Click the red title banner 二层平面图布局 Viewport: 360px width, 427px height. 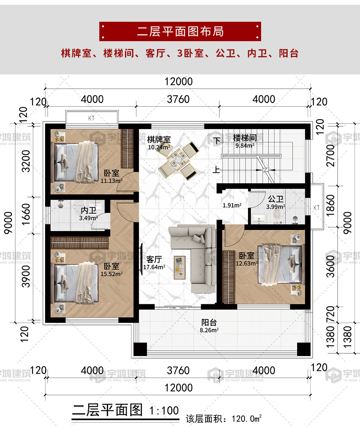pos(180,31)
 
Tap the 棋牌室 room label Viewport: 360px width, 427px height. pos(159,139)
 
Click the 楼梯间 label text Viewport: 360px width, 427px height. pos(245,138)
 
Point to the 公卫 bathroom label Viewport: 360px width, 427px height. pos(276,199)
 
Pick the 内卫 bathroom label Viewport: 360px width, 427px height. pos(89,210)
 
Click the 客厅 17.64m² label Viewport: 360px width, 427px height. pos(154,263)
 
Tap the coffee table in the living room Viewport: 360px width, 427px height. pos(180,268)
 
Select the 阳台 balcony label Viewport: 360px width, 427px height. pos(209,323)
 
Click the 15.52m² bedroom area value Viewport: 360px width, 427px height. pos(112,274)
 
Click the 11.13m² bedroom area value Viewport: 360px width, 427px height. pos(112,180)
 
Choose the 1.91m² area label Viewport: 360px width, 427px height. pos(232,205)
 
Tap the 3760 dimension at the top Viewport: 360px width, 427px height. pos(178,99)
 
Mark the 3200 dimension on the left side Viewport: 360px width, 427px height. pos(26,161)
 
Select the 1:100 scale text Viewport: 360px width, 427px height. pos(164,411)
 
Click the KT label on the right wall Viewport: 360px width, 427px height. pos(316,207)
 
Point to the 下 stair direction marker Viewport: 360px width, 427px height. pos(217,141)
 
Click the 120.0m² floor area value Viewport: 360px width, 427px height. pos(247,419)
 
